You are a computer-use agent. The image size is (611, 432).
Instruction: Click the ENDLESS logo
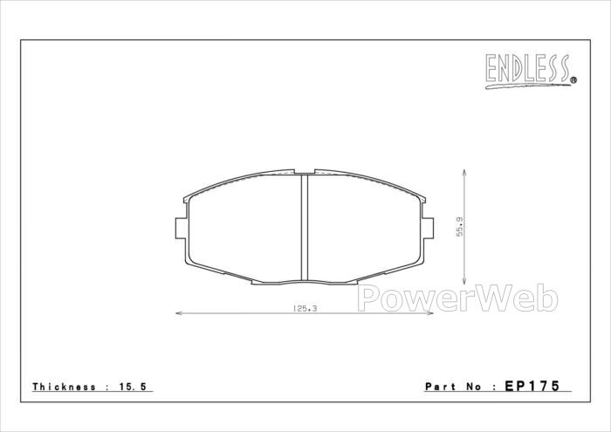click(x=531, y=71)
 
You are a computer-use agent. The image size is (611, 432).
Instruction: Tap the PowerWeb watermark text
click(x=457, y=298)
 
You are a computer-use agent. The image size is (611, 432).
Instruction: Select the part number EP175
click(x=532, y=386)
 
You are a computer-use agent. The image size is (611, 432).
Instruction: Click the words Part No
click(x=454, y=387)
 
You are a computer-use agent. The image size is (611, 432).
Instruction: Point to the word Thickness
click(x=64, y=387)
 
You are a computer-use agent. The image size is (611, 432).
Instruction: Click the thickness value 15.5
click(x=133, y=387)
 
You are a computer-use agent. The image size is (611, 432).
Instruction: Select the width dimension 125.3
click(x=305, y=309)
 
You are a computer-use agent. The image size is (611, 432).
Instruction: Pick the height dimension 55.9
click(x=460, y=227)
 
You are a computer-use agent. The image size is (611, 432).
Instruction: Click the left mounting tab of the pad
click(x=181, y=229)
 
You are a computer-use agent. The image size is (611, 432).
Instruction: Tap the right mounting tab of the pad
click(x=428, y=229)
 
